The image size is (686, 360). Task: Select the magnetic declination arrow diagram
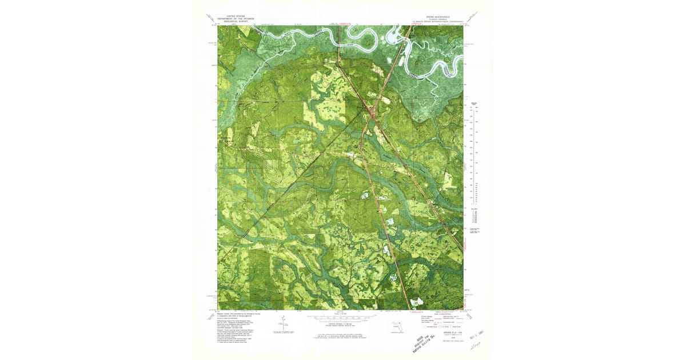281,326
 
